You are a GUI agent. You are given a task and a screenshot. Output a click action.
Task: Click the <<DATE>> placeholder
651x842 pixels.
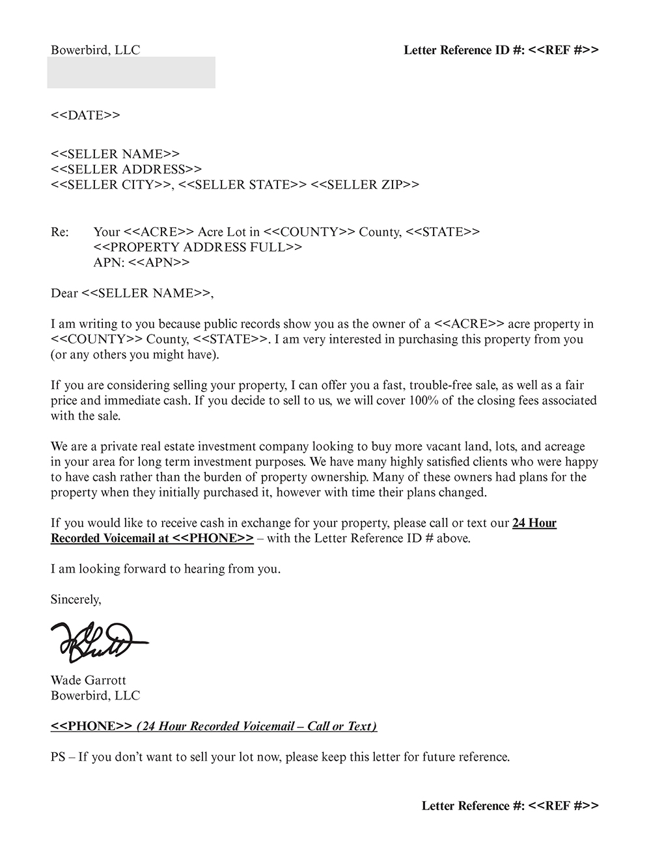[x=85, y=115]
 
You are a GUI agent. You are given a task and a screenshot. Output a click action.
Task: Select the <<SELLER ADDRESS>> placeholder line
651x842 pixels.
[x=126, y=169]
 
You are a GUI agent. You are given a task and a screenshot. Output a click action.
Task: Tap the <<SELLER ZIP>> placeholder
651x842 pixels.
[x=365, y=185]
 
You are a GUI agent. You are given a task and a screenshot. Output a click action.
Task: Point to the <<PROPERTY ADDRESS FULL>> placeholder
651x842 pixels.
[x=198, y=247]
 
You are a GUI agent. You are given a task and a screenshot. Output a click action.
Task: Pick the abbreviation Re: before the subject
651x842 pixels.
[x=59, y=232]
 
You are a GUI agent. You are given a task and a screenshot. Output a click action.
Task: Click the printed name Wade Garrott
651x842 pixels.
[x=89, y=680]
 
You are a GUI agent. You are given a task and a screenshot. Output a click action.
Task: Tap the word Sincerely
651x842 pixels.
[x=76, y=599]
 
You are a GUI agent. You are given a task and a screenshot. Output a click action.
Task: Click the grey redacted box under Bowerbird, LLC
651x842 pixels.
[x=131, y=72]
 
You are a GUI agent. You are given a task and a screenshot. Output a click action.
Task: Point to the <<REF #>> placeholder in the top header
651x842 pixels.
[x=563, y=50]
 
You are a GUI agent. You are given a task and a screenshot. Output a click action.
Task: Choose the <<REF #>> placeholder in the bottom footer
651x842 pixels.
[x=563, y=806]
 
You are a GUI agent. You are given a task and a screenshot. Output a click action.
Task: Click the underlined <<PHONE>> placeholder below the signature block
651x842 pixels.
[x=92, y=726]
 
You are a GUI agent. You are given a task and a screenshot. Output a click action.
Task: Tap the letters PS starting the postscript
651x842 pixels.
[x=57, y=757]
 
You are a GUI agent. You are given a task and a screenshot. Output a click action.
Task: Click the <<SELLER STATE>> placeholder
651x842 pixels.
[x=242, y=185]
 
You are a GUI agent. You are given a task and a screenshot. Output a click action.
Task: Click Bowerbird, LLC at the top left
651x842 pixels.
[x=95, y=50]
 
